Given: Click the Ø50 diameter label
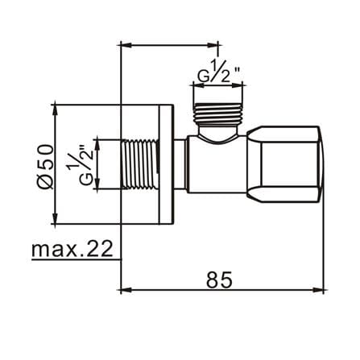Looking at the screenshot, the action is pos(45,167).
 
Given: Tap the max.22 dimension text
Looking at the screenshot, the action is pos(72,249).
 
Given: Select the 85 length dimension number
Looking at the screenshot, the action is pos(219,279).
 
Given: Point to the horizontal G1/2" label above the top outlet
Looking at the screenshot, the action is pos(218,70).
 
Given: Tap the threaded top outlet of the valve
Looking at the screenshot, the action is pos(218,114).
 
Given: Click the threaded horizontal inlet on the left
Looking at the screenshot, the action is pos(139,163).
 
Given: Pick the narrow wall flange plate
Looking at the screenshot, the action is pos(165,164).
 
